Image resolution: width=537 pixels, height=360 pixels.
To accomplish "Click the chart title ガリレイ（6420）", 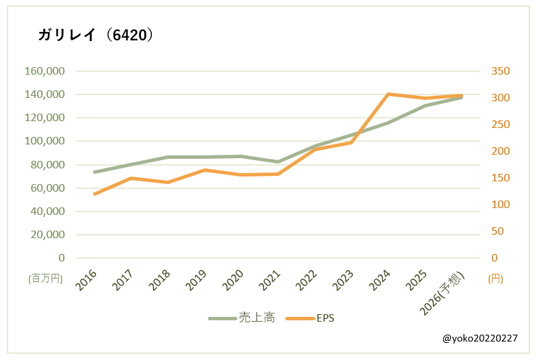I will coord(96,35).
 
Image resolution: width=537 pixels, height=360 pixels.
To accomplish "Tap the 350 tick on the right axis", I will coord(501,71).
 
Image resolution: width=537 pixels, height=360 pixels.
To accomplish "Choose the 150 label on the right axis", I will coord(501,178).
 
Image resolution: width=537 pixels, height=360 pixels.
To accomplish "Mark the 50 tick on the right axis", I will coord(498,231).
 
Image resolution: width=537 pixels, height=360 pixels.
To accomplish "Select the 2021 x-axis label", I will coord(270,281).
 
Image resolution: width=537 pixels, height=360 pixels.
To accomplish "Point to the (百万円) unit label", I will coord(45,279).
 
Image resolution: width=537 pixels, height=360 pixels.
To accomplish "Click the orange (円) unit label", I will coord(497,279).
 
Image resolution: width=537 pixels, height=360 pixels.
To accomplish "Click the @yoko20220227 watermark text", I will coord(480,338).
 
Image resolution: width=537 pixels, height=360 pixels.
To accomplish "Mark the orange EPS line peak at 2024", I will coord(388,94).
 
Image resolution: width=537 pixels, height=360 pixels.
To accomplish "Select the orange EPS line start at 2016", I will coord(94,194).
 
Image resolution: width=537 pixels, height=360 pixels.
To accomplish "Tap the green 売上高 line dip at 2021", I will coord(278,162).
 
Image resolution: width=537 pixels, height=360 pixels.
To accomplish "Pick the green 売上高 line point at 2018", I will coord(168,157).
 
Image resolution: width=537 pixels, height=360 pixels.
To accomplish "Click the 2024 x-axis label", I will coord(380,281).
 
